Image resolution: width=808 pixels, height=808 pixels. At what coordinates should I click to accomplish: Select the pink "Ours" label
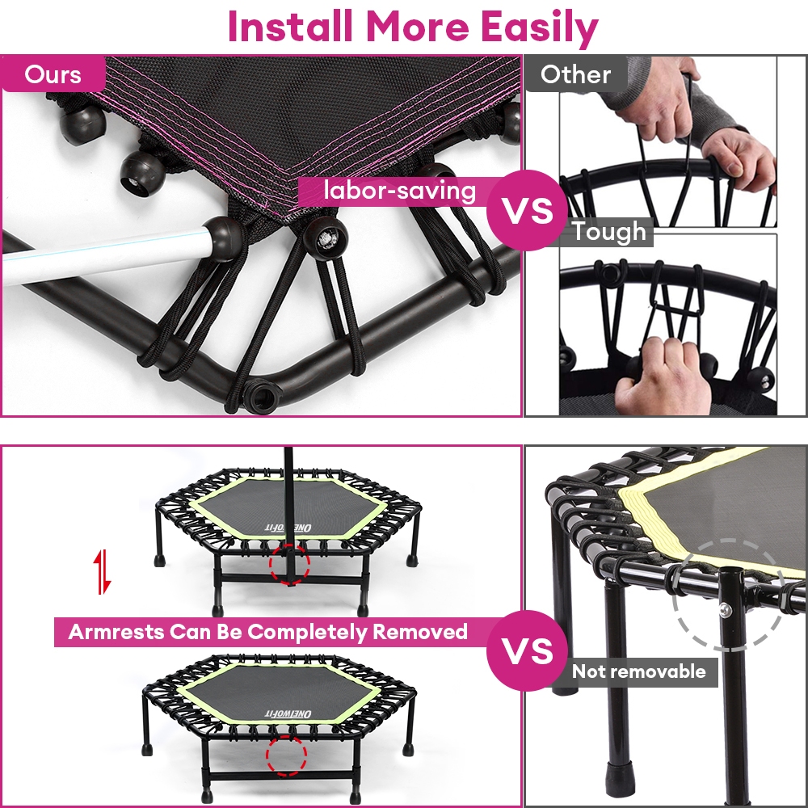tap(53, 74)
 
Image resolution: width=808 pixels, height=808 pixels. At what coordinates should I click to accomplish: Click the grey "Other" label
tap(575, 74)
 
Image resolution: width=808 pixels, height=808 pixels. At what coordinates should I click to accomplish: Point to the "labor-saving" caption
tap(399, 191)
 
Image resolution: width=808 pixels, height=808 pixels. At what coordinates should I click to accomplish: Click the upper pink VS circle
tap(527, 210)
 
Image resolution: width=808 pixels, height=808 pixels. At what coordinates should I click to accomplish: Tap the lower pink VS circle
tap(527, 650)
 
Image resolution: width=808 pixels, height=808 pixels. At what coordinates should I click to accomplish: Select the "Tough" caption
tap(608, 232)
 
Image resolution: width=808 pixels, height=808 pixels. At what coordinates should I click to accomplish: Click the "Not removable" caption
tap(639, 671)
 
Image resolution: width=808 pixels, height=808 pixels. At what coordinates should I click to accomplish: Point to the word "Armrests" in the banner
tap(116, 632)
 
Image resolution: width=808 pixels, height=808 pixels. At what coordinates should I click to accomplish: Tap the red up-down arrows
tap(104, 571)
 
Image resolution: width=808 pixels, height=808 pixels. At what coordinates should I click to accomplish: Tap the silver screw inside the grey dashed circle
tap(726, 609)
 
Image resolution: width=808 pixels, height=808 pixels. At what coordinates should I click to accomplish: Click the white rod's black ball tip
tap(224, 238)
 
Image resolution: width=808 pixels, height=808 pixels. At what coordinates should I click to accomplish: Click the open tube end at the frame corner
tap(261, 397)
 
